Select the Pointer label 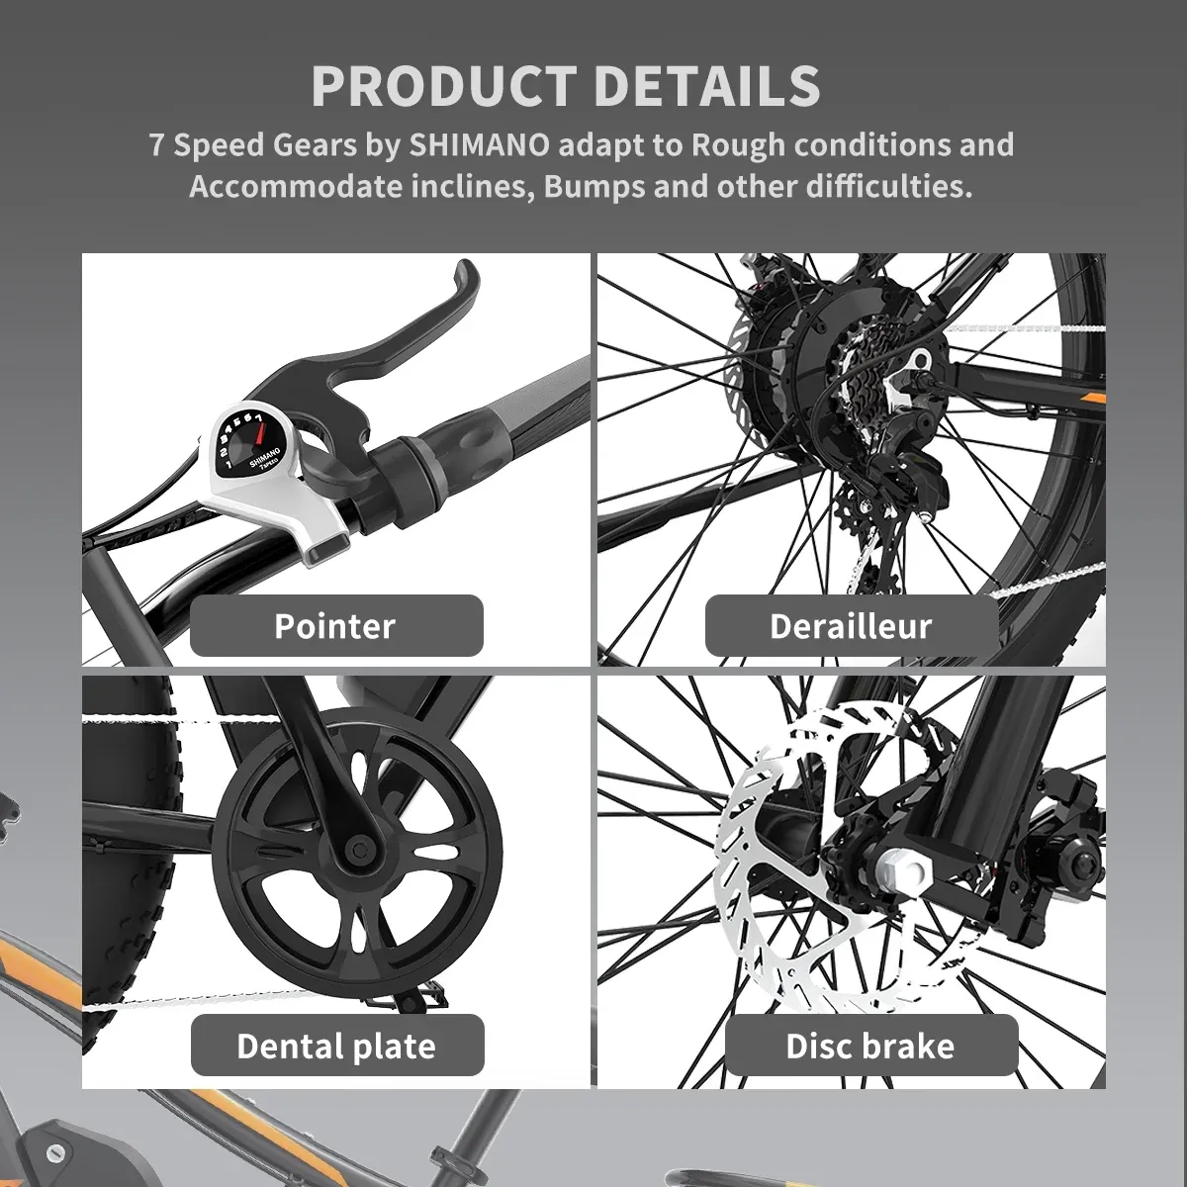[335, 625]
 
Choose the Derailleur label [851, 625]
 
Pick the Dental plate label [336, 1046]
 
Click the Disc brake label [870, 1046]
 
